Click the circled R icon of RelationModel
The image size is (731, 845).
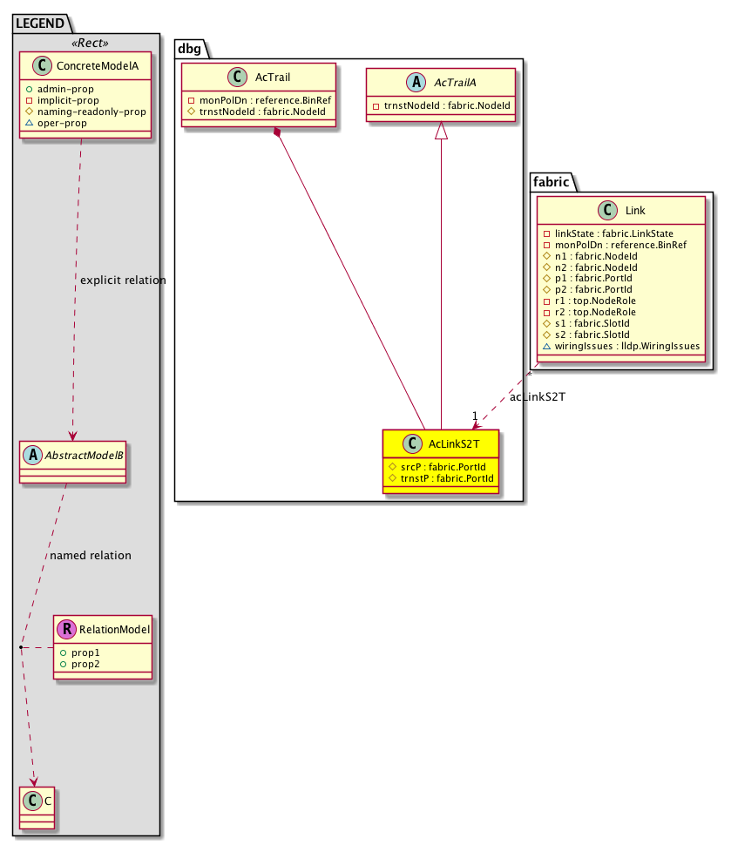pyautogui.click(x=66, y=628)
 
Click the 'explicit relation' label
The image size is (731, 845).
pyautogui.click(x=122, y=281)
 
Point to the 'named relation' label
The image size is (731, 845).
pyautogui.click(x=91, y=555)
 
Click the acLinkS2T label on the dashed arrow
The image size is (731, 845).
pyautogui.click(x=538, y=397)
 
